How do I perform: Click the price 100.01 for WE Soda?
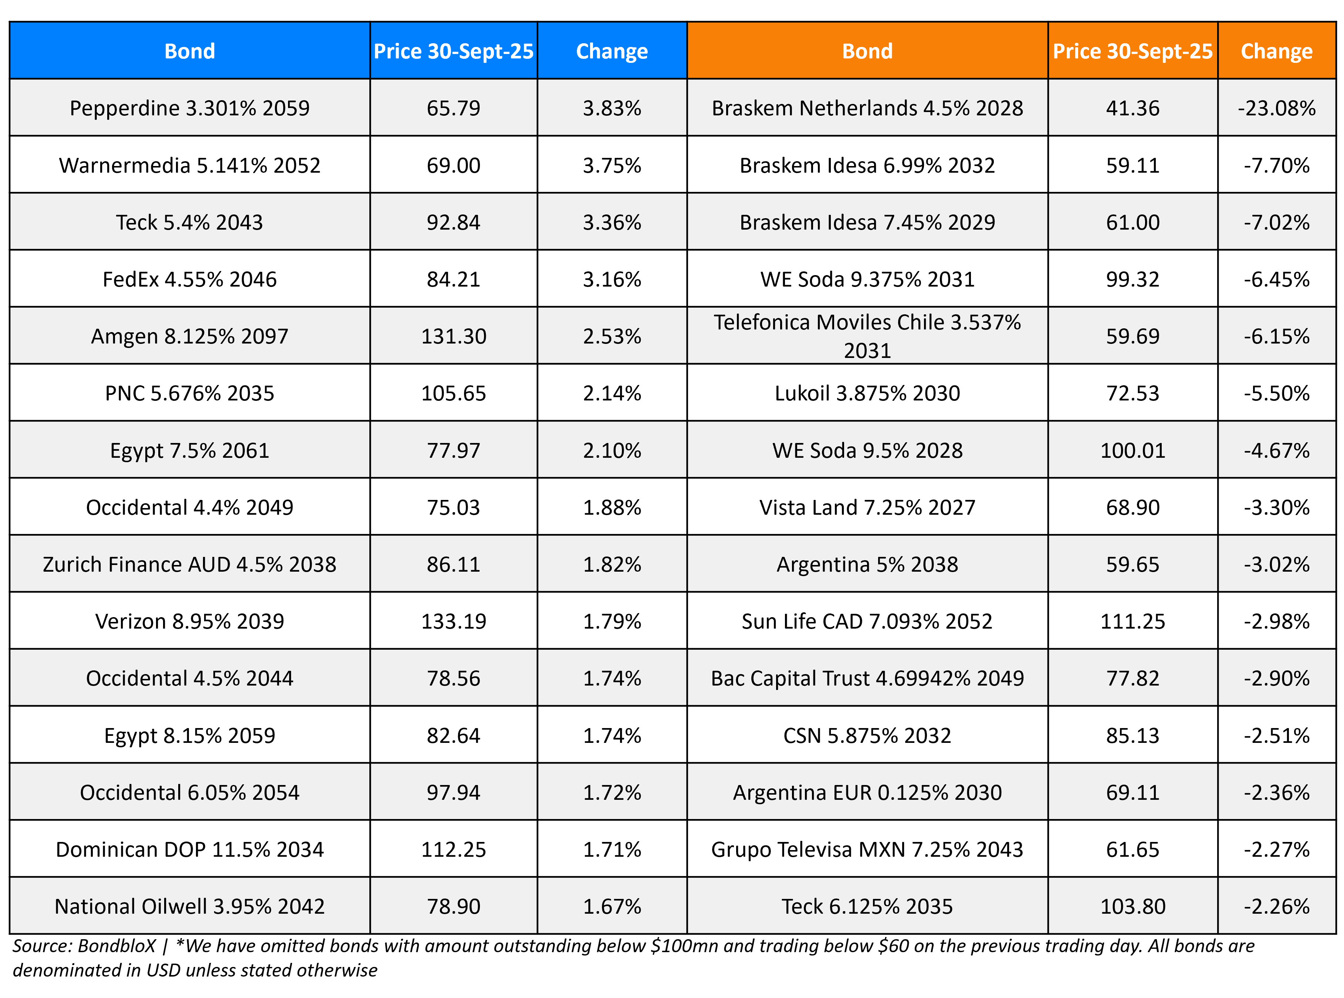tap(1132, 450)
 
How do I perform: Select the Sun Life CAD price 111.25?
tap(1132, 621)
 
